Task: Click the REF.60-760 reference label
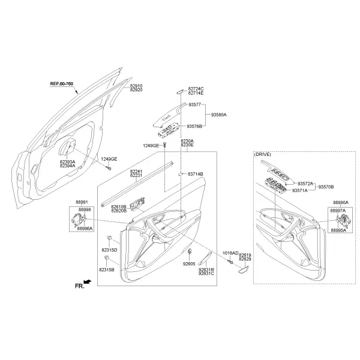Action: tap(62, 84)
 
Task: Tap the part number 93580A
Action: tap(219, 115)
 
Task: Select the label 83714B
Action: tap(196, 174)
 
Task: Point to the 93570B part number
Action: tap(326, 187)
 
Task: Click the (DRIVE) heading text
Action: tap(262, 155)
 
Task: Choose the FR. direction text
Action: tap(80, 286)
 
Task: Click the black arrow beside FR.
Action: tap(88, 281)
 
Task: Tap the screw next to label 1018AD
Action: tap(230, 262)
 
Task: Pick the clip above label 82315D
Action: tap(109, 238)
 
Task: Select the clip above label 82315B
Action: tap(107, 257)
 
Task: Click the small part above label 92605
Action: tap(190, 251)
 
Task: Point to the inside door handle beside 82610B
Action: tap(137, 203)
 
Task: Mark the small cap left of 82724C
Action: tap(180, 91)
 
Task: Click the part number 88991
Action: tap(82, 202)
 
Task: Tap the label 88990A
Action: tap(341, 203)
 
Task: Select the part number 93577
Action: tap(194, 104)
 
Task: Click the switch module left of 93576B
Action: tap(168, 131)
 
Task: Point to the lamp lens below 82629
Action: tap(243, 270)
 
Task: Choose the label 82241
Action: tap(136, 171)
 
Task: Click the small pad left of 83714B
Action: tap(181, 174)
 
